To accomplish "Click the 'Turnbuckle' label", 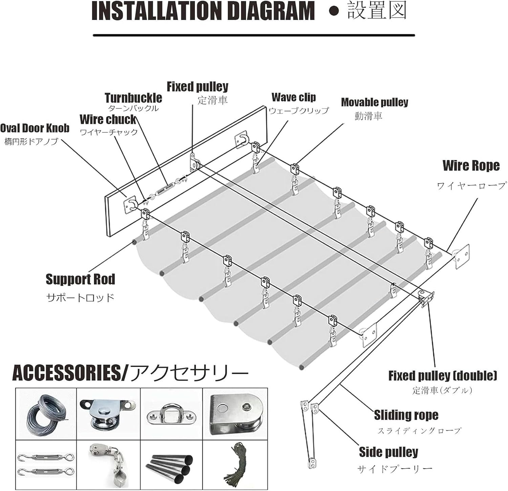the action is coord(133,98).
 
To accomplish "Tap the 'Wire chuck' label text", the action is coord(108,120).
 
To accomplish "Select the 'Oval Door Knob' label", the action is coord(35,128).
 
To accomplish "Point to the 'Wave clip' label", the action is coord(294,97).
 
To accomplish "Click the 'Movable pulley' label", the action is coord(375,102).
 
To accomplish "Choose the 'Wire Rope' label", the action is coord(471,165).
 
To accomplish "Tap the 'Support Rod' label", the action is coord(80,279).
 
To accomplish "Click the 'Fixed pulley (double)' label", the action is coord(443,375).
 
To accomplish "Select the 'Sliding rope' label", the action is coord(406,415).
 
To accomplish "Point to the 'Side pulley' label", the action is coord(388,452).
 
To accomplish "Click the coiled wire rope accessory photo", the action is coord(46,413).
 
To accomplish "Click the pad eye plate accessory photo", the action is coord(171,413).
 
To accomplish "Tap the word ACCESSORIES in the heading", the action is coord(66,373).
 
